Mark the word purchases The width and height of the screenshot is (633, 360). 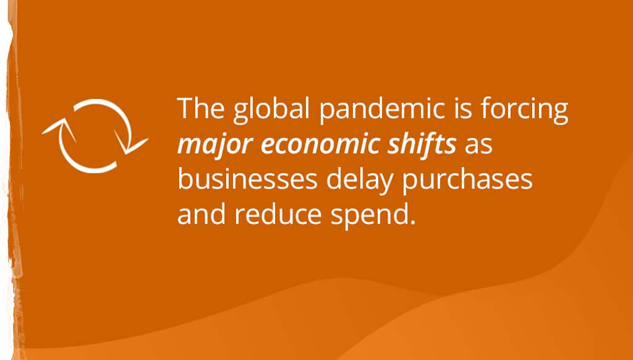[467, 181]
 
